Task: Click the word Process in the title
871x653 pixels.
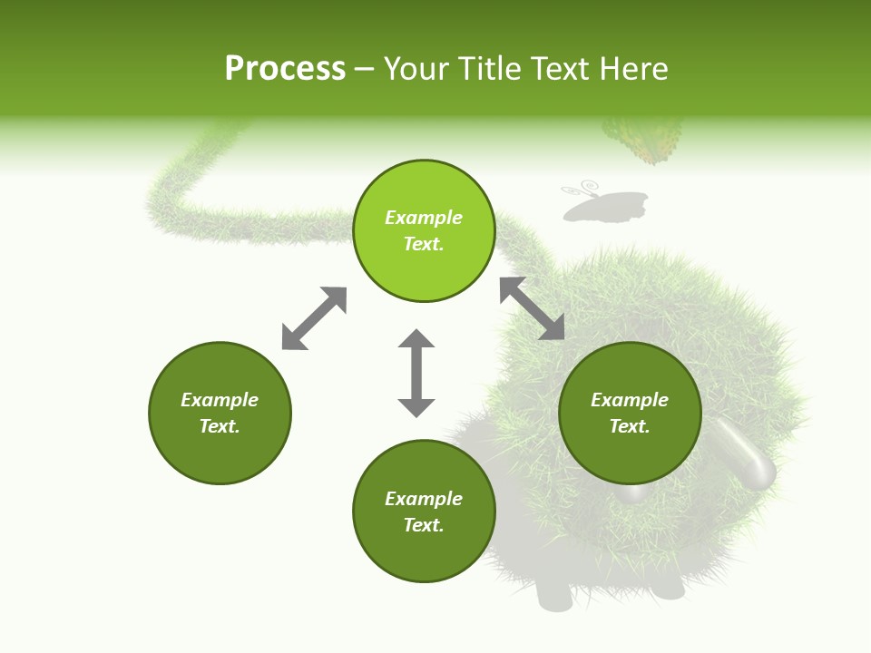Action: point(285,69)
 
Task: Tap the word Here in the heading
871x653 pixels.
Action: point(632,69)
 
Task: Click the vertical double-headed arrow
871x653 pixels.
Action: point(416,373)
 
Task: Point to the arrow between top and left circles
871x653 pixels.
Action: point(314,318)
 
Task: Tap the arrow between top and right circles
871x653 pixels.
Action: point(532,308)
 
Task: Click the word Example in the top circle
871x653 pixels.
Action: point(424,218)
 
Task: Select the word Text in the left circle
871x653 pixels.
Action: point(220,426)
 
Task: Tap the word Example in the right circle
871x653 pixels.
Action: point(630,400)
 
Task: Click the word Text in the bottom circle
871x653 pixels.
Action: point(424,525)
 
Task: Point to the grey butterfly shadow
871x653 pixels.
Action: point(606,207)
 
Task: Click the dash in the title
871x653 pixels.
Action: point(364,69)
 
